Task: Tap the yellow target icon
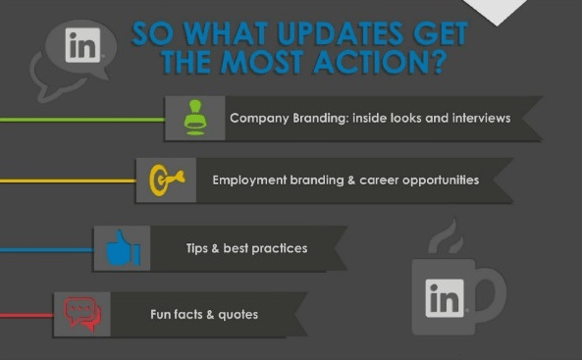pos(163,180)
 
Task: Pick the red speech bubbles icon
pos(82,315)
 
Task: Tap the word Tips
pos(197,248)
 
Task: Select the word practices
pos(279,248)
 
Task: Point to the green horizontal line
pos(79,119)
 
